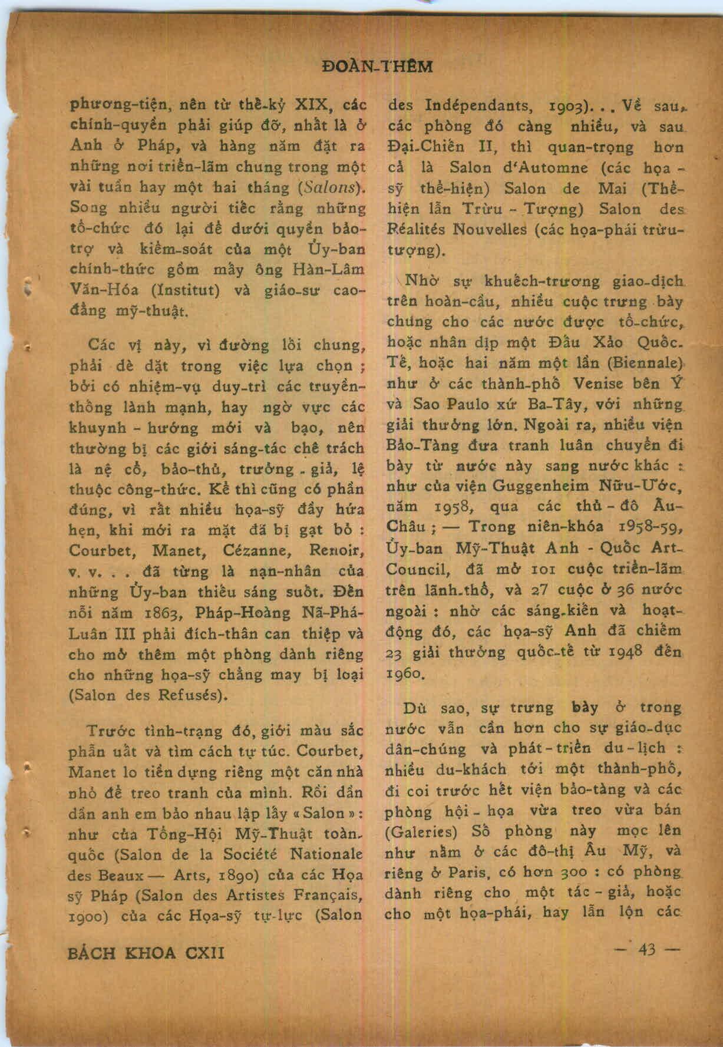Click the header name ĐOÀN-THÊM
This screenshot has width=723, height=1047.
pos(378,67)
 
